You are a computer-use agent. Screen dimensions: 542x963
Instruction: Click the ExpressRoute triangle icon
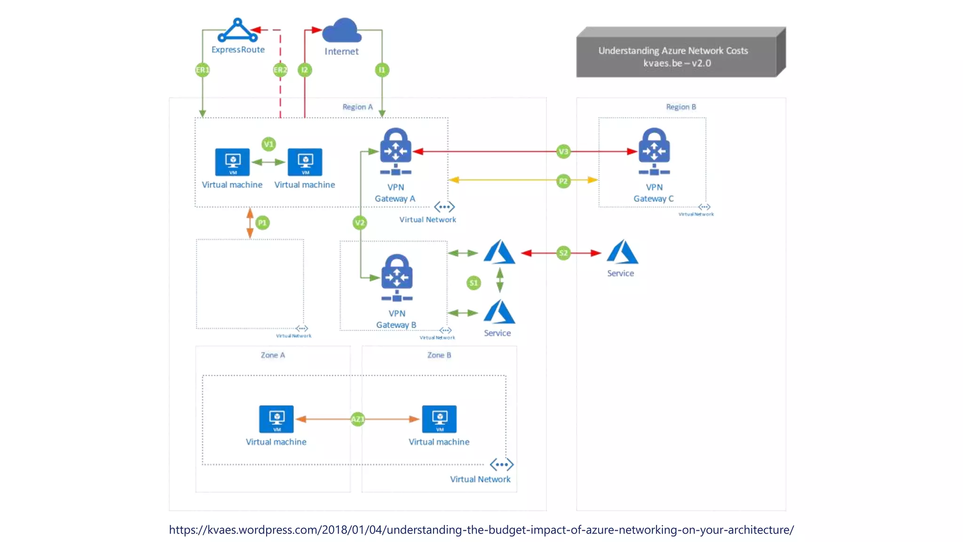(x=237, y=31)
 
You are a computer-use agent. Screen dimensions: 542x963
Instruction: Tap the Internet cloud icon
(x=342, y=31)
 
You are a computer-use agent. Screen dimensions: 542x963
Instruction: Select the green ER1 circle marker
(x=202, y=70)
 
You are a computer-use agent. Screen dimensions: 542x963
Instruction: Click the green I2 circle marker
(x=305, y=70)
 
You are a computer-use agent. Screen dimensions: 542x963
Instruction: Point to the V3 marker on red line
(x=563, y=151)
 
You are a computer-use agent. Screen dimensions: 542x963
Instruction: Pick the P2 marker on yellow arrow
(x=563, y=181)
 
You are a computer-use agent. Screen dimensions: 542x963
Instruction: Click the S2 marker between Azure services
(x=563, y=253)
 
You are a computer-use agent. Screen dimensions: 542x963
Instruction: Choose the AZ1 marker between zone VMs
(x=358, y=419)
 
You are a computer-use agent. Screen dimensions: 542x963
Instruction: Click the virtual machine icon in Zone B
(x=439, y=419)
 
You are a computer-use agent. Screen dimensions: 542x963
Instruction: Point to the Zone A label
(x=273, y=355)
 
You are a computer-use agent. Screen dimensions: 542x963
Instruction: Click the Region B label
(x=681, y=107)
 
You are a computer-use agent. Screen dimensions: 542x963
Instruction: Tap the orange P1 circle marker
(x=262, y=223)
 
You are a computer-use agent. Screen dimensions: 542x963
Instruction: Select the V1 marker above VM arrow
(x=268, y=144)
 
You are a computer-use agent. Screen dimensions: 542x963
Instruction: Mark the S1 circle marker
(x=474, y=283)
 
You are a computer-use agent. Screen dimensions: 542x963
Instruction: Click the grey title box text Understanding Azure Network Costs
(x=673, y=51)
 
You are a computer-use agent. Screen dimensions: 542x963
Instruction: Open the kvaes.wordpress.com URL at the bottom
(x=481, y=530)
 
